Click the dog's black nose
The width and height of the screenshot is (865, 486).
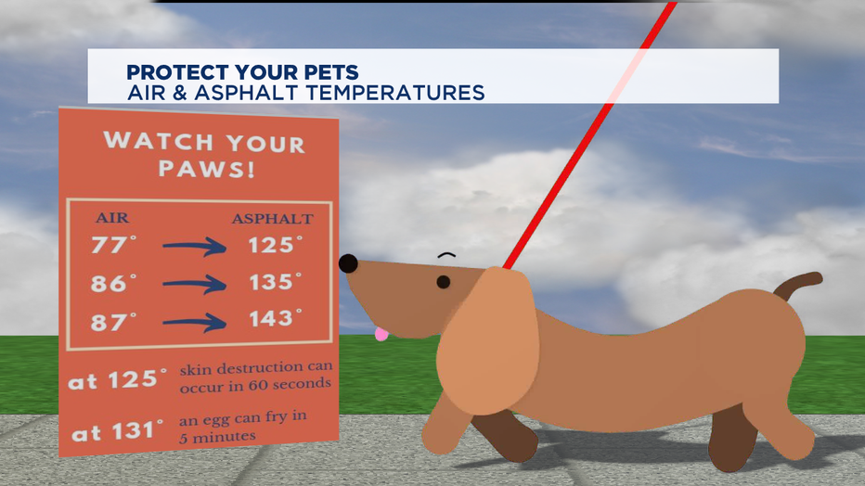point(348,264)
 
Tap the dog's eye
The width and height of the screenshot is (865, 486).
point(444,282)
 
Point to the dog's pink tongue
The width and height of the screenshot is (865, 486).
point(381,334)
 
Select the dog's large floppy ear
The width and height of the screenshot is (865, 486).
point(487,340)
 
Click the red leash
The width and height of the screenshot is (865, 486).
point(589,135)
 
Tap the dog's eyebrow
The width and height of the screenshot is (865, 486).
point(446,255)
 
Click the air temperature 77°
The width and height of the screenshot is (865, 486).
point(113,244)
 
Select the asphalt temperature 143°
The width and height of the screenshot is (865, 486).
point(276,318)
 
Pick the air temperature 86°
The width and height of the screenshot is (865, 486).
point(113,283)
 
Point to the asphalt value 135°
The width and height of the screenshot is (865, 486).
point(276,282)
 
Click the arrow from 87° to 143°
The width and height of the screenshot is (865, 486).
point(194,323)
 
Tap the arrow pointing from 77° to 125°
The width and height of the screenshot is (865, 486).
point(194,247)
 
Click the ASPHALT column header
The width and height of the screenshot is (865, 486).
point(273,219)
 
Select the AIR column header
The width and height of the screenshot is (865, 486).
point(112,218)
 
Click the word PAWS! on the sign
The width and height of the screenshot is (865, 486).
point(207,169)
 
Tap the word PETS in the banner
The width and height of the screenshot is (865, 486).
point(331,72)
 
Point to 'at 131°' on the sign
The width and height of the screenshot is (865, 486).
point(118,431)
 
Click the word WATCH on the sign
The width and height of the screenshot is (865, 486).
point(159,141)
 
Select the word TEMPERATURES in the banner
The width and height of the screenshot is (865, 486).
point(395,93)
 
